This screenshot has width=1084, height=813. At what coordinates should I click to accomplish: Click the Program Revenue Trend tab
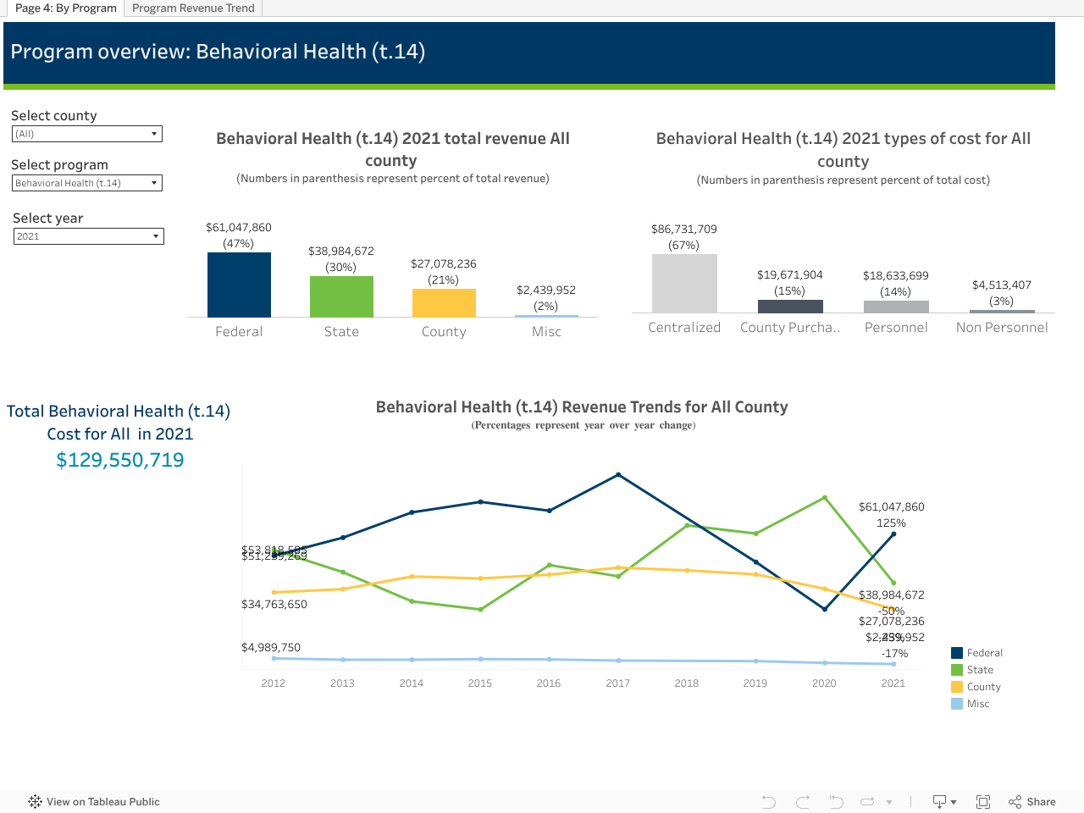[193, 8]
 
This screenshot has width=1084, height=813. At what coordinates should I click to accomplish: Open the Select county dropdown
[86, 134]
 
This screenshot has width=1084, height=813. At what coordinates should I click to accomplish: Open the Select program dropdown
[86, 183]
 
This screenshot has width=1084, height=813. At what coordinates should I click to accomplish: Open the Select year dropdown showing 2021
[88, 236]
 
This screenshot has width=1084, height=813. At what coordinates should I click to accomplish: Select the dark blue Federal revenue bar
[239, 285]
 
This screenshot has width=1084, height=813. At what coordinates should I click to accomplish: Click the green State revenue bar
[341, 296]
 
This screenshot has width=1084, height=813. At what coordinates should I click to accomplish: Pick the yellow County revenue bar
[444, 303]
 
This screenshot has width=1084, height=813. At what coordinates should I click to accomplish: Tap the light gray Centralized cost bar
[684, 283]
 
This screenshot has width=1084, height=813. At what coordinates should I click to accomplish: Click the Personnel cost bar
[896, 307]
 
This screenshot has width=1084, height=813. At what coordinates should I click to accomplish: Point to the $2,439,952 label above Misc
[546, 290]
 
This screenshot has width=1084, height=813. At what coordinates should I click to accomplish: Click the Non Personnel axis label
[1002, 328]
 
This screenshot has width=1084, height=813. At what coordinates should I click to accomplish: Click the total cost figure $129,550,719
[120, 460]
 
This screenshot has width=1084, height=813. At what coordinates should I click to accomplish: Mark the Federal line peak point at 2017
[618, 475]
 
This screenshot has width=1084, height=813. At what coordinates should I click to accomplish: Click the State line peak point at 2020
[825, 498]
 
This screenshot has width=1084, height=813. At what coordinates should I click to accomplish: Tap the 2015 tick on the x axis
[480, 683]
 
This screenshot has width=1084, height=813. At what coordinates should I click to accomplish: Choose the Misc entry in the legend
[977, 704]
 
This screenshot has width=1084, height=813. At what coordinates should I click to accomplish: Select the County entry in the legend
[983, 687]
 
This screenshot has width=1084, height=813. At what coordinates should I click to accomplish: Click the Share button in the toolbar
[1032, 802]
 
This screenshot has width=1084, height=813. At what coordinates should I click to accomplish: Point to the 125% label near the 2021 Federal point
[891, 523]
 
